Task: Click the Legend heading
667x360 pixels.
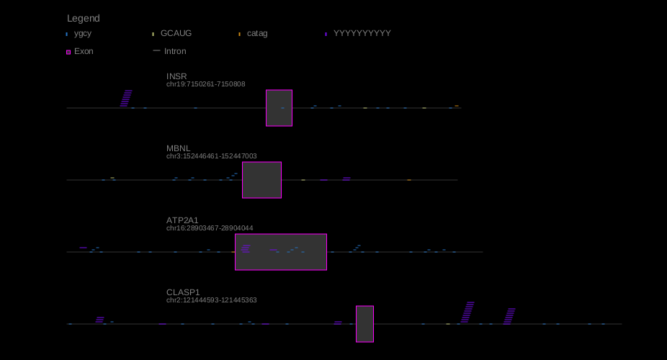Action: click(x=84, y=18)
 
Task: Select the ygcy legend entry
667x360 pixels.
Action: click(x=82, y=33)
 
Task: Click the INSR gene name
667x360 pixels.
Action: click(x=176, y=76)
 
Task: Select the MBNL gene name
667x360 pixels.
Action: click(x=179, y=148)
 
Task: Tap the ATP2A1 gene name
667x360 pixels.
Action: click(x=182, y=220)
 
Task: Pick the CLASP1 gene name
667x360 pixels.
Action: click(x=183, y=292)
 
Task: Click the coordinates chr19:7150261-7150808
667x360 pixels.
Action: click(x=206, y=84)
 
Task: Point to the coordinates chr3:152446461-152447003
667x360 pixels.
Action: click(x=212, y=156)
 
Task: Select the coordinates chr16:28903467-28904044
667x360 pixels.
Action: click(x=210, y=228)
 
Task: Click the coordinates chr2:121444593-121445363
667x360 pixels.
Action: click(x=212, y=300)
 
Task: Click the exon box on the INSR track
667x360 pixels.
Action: click(x=279, y=108)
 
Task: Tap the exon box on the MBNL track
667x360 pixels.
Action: click(x=261, y=180)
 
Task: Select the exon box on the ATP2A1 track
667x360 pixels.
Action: click(x=281, y=252)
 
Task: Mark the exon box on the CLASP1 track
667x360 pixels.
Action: click(x=364, y=324)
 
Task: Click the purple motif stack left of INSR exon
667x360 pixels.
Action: click(x=126, y=99)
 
